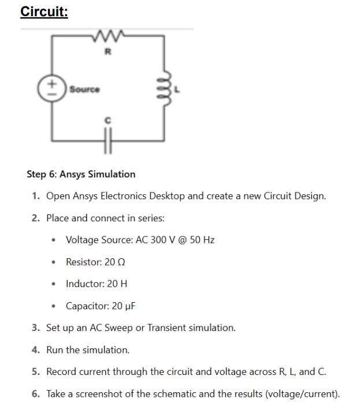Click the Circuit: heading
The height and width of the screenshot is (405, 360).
[44, 12]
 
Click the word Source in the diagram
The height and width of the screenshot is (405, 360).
[84, 90]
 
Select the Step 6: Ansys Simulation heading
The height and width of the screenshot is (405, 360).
[81, 174]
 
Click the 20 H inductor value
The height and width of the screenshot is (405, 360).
[116, 284]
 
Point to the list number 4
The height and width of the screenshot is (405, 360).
[35, 350]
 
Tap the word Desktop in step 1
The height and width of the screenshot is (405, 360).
[167, 196]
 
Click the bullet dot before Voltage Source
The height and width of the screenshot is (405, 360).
[54, 240]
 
